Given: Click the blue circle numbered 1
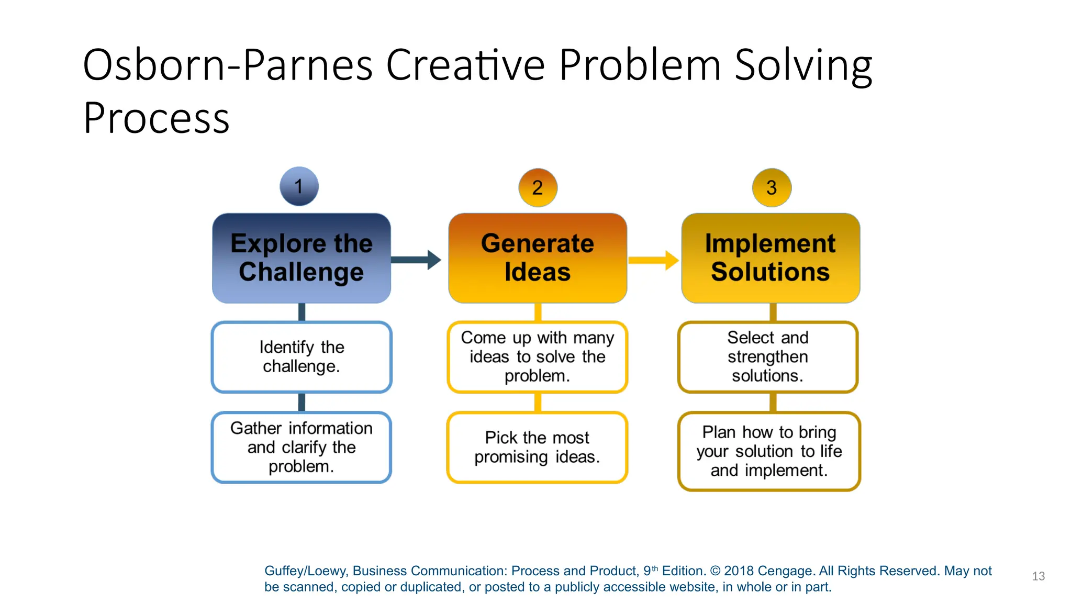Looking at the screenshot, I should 299,186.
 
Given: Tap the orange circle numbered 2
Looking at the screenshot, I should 538,187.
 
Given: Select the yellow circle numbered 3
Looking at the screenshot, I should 772,187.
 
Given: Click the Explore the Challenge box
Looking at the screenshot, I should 301,258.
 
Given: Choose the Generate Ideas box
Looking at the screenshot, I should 538,258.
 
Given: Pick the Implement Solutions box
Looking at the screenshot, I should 770,258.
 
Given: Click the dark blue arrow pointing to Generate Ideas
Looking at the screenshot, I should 416,260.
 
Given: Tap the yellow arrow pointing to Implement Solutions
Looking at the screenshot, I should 653,260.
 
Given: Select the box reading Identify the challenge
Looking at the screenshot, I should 301,356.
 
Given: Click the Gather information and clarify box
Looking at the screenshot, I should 301,447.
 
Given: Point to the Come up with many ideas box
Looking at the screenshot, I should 538,356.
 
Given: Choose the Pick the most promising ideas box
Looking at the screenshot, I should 538,447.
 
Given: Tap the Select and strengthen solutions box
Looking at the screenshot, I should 768,356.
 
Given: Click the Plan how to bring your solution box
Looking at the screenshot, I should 769,451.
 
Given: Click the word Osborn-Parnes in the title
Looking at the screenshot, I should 228,65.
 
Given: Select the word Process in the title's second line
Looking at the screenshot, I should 156,118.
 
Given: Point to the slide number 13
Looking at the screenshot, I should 1038,576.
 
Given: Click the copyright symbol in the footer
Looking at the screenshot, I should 716,571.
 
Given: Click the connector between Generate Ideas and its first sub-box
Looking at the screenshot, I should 538,312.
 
